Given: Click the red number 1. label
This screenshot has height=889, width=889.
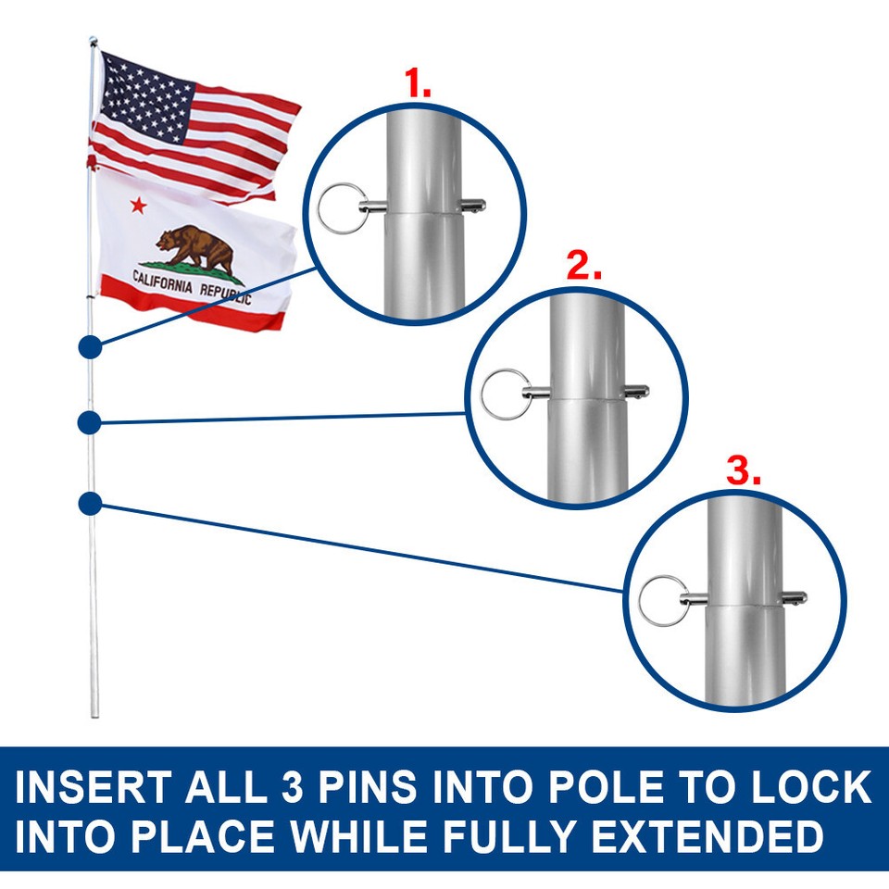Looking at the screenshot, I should pos(419,85).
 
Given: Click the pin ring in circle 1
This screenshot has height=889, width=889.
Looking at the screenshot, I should pos(335,202).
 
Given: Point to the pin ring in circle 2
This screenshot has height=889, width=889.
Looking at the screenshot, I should pos(500,392).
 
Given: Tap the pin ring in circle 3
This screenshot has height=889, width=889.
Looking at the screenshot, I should pos(660,597).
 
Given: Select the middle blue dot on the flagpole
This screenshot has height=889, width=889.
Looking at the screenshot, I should pos(89,422).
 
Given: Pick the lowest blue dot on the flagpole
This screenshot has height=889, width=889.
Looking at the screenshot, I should pos(90,503).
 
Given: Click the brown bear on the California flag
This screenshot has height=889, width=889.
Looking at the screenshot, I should pos(197,250).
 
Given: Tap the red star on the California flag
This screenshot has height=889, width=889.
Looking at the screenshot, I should pos(138,205).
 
